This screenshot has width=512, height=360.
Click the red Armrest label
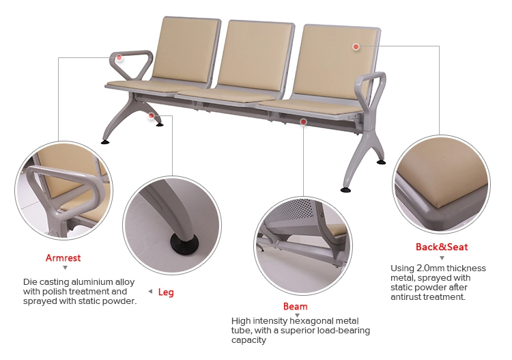tap(63, 258)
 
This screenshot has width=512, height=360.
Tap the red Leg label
tap(166, 292)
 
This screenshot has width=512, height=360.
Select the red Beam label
tap(295, 306)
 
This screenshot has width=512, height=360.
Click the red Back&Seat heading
tap(442, 247)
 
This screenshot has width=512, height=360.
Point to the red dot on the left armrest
tap(119, 58)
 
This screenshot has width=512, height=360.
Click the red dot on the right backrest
tap(356, 46)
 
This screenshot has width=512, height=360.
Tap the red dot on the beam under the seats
tap(303, 122)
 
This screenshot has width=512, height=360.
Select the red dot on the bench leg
tap(151, 115)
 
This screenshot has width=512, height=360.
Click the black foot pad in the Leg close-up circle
tap(184, 244)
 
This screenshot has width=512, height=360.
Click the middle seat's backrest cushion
tap(255, 55)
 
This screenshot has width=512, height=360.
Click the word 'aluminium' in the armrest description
tap(92, 281)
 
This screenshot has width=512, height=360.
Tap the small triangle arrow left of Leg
tap(150, 292)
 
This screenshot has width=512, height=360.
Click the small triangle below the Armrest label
tap(66, 268)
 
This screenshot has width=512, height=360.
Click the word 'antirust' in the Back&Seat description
tap(406, 297)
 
